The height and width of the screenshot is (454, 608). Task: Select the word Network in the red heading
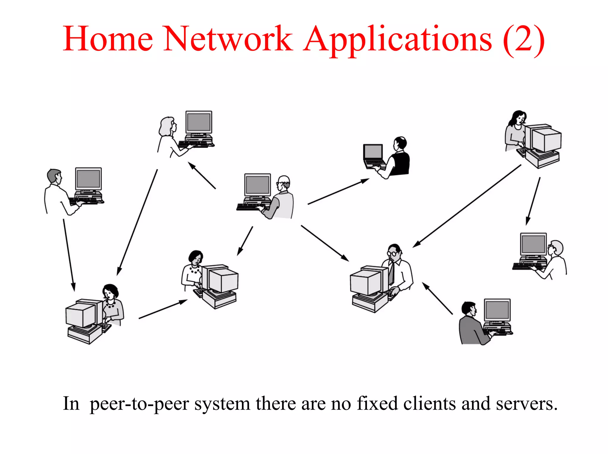[x=228, y=39]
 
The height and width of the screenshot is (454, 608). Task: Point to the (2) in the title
[x=524, y=40]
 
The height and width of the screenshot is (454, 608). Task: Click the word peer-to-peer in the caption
[x=139, y=404]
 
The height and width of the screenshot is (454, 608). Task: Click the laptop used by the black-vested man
[x=373, y=156]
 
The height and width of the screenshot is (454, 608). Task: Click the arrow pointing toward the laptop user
[x=338, y=192]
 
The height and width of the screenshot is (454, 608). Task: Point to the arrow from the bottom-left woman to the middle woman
[x=163, y=309]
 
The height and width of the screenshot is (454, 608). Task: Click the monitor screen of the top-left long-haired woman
[x=199, y=122]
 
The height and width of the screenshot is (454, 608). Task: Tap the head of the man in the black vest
[x=400, y=143]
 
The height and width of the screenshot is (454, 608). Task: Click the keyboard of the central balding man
[x=249, y=207]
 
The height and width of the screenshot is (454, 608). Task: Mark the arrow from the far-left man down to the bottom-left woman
[x=69, y=255]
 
